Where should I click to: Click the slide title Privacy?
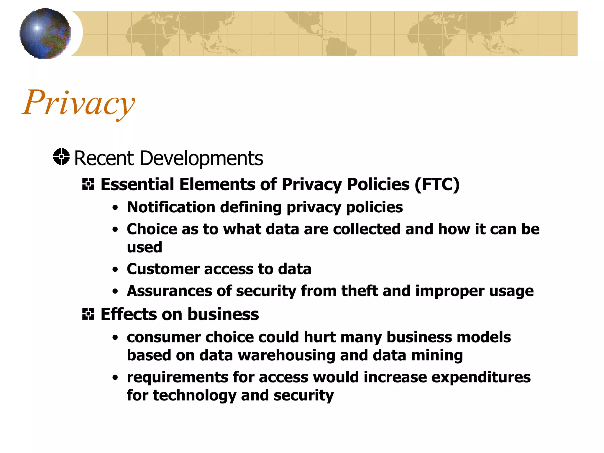78,103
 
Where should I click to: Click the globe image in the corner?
45,34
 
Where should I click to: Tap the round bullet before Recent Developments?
61,157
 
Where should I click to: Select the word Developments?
201,158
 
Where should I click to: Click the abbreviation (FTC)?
437,185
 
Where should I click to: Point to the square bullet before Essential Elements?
88,184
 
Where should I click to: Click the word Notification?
171,207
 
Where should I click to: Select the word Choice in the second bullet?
152,229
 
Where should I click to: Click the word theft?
360,291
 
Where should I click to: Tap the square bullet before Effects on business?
88,314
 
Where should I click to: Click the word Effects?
129,314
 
